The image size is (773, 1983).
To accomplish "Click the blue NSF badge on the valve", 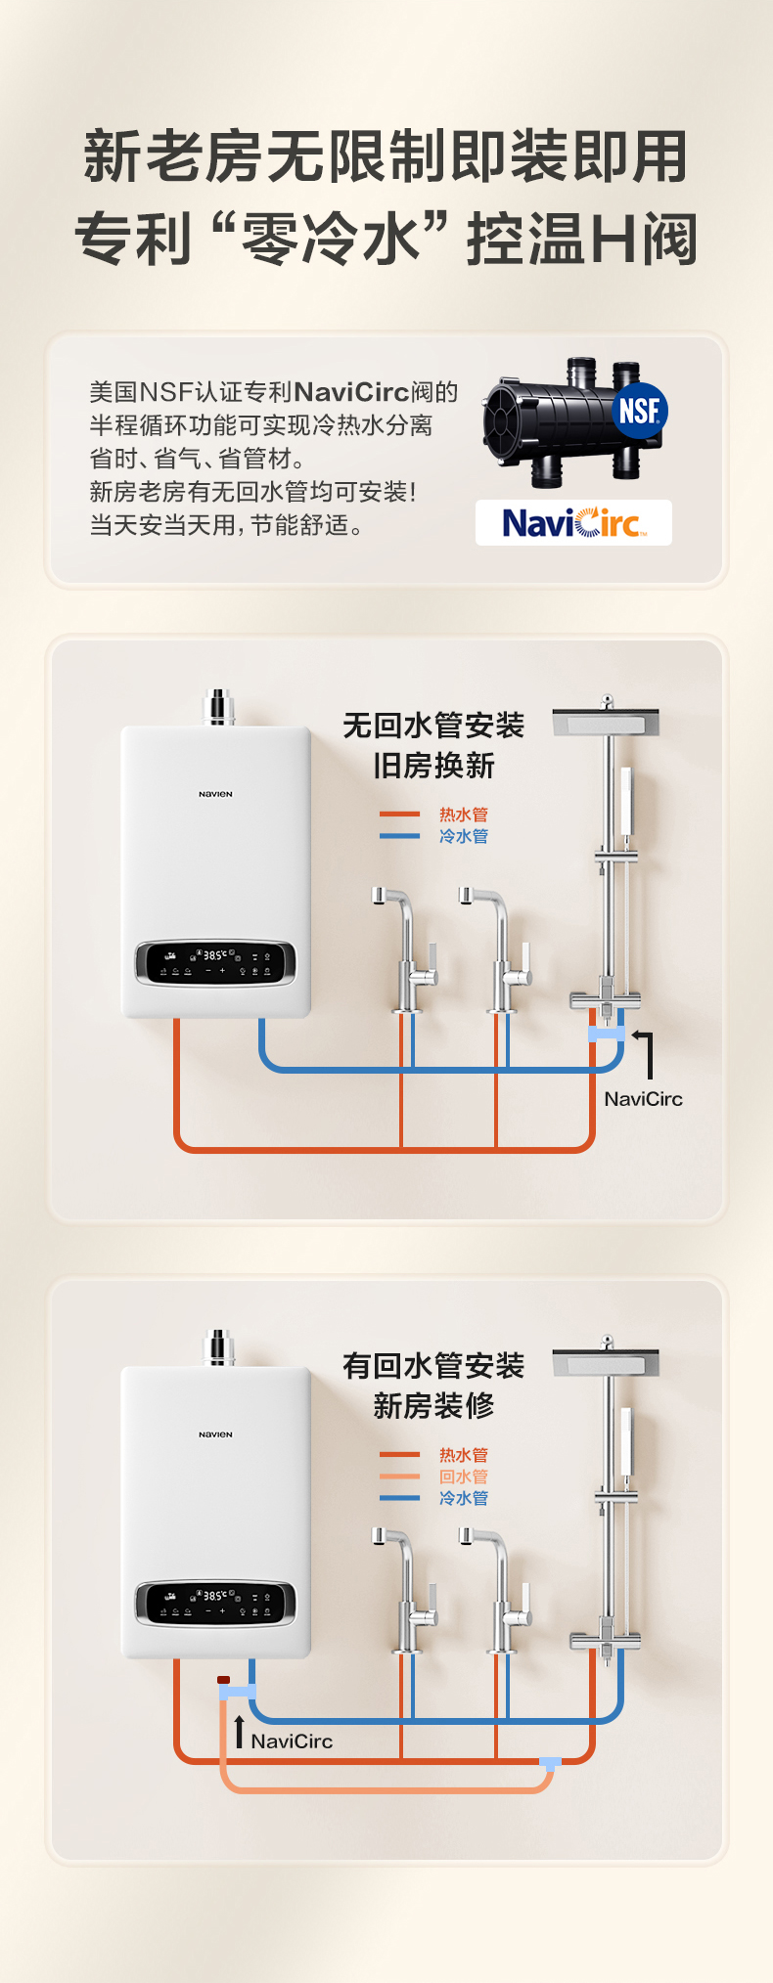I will tap(640, 411).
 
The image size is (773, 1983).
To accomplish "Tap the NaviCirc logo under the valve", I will tap(573, 523).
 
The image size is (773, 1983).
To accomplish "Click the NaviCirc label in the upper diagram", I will tap(643, 1099).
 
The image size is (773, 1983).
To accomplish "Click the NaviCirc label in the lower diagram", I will tap(292, 1741).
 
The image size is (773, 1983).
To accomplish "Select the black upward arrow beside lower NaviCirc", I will tap(239, 1731).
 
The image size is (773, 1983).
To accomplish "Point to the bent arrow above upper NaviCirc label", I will tap(644, 1051).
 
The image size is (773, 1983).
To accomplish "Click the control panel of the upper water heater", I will tap(215, 963).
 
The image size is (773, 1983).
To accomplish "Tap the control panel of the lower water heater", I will tap(215, 1604).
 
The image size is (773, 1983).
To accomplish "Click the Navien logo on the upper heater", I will tap(215, 794).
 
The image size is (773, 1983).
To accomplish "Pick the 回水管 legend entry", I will tap(463, 1476).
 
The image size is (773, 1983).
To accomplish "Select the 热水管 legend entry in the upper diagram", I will tap(463, 815).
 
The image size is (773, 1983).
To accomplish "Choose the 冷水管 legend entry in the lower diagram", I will tap(463, 1498).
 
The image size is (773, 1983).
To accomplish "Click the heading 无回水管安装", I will tap(433, 726).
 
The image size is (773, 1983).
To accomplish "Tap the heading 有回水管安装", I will tap(433, 1366).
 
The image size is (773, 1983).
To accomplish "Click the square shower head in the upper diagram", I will tap(606, 723).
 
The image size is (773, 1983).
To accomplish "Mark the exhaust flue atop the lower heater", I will tap(218, 1347).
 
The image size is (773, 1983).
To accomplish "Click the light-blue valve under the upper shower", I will tap(607, 1034).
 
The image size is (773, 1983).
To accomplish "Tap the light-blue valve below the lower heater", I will tap(237, 1692).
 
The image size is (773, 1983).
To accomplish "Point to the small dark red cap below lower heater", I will tap(224, 1679).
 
